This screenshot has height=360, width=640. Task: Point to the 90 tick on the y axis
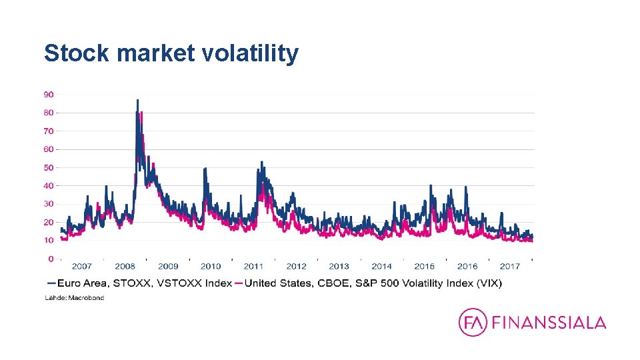click(49, 95)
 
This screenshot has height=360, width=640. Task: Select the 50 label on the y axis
click(49, 167)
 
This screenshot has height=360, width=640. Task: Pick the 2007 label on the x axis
click(82, 267)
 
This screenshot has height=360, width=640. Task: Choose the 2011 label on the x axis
click(253, 267)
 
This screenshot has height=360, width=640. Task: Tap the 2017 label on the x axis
click(510, 267)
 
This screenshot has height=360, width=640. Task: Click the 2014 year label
click(382, 267)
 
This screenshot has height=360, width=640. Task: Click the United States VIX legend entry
click(373, 283)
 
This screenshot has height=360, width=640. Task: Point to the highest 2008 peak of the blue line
click(137, 100)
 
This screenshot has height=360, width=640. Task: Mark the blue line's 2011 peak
click(261, 162)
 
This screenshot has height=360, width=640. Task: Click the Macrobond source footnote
click(75, 298)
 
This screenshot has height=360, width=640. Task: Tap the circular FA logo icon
click(473, 323)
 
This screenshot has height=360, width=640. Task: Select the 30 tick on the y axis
click(49, 204)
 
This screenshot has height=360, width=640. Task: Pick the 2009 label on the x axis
click(168, 267)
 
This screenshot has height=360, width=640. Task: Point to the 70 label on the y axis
click(49, 131)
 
